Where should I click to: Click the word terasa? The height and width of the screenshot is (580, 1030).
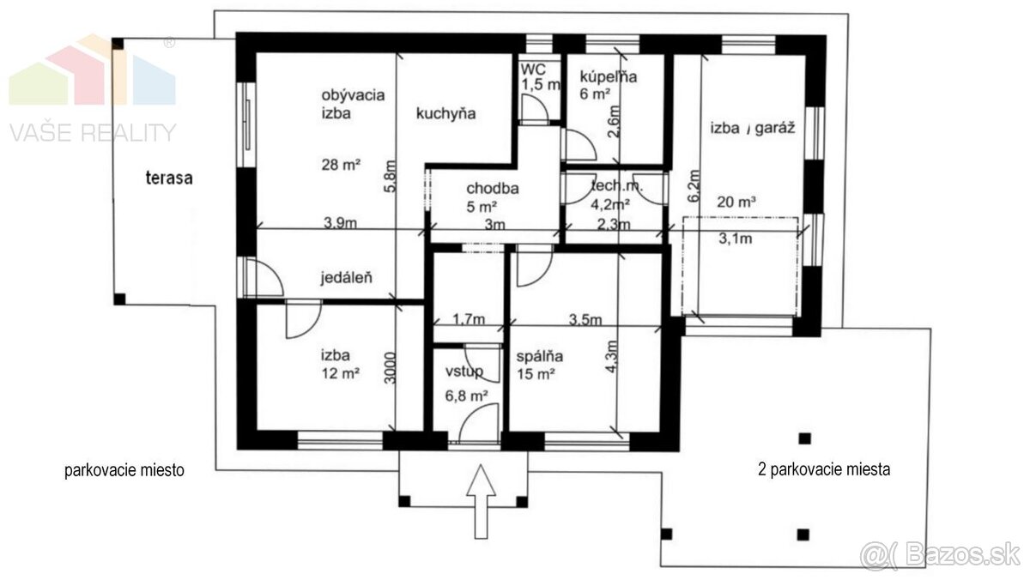[169, 178]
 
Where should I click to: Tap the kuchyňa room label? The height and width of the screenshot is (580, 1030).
[445, 113]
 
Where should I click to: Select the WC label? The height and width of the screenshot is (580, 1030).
[533, 69]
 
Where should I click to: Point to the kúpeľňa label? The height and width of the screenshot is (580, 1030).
[609, 76]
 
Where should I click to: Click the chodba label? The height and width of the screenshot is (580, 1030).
[493, 188]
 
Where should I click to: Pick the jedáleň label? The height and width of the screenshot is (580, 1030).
[346, 278]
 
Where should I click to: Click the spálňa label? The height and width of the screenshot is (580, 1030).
[539, 356]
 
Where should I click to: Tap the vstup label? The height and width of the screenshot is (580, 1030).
[464, 372]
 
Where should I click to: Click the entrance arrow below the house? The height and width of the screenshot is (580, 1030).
[481, 501]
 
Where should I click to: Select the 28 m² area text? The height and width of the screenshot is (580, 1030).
[341, 164]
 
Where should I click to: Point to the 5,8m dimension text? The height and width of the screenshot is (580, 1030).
[390, 176]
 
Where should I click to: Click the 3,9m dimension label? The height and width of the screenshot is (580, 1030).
[340, 222]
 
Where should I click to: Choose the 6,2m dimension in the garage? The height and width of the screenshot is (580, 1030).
[694, 185]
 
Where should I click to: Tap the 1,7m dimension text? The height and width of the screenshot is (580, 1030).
[469, 318]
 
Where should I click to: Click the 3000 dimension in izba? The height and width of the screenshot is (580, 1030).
[390, 368]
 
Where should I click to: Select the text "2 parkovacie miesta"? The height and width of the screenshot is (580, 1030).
[824, 469]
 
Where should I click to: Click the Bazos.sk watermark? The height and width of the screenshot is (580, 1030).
[944, 555]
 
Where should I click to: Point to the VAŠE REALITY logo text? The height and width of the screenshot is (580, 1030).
[93, 132]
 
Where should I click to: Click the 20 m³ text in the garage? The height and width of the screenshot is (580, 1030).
[736, 202]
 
